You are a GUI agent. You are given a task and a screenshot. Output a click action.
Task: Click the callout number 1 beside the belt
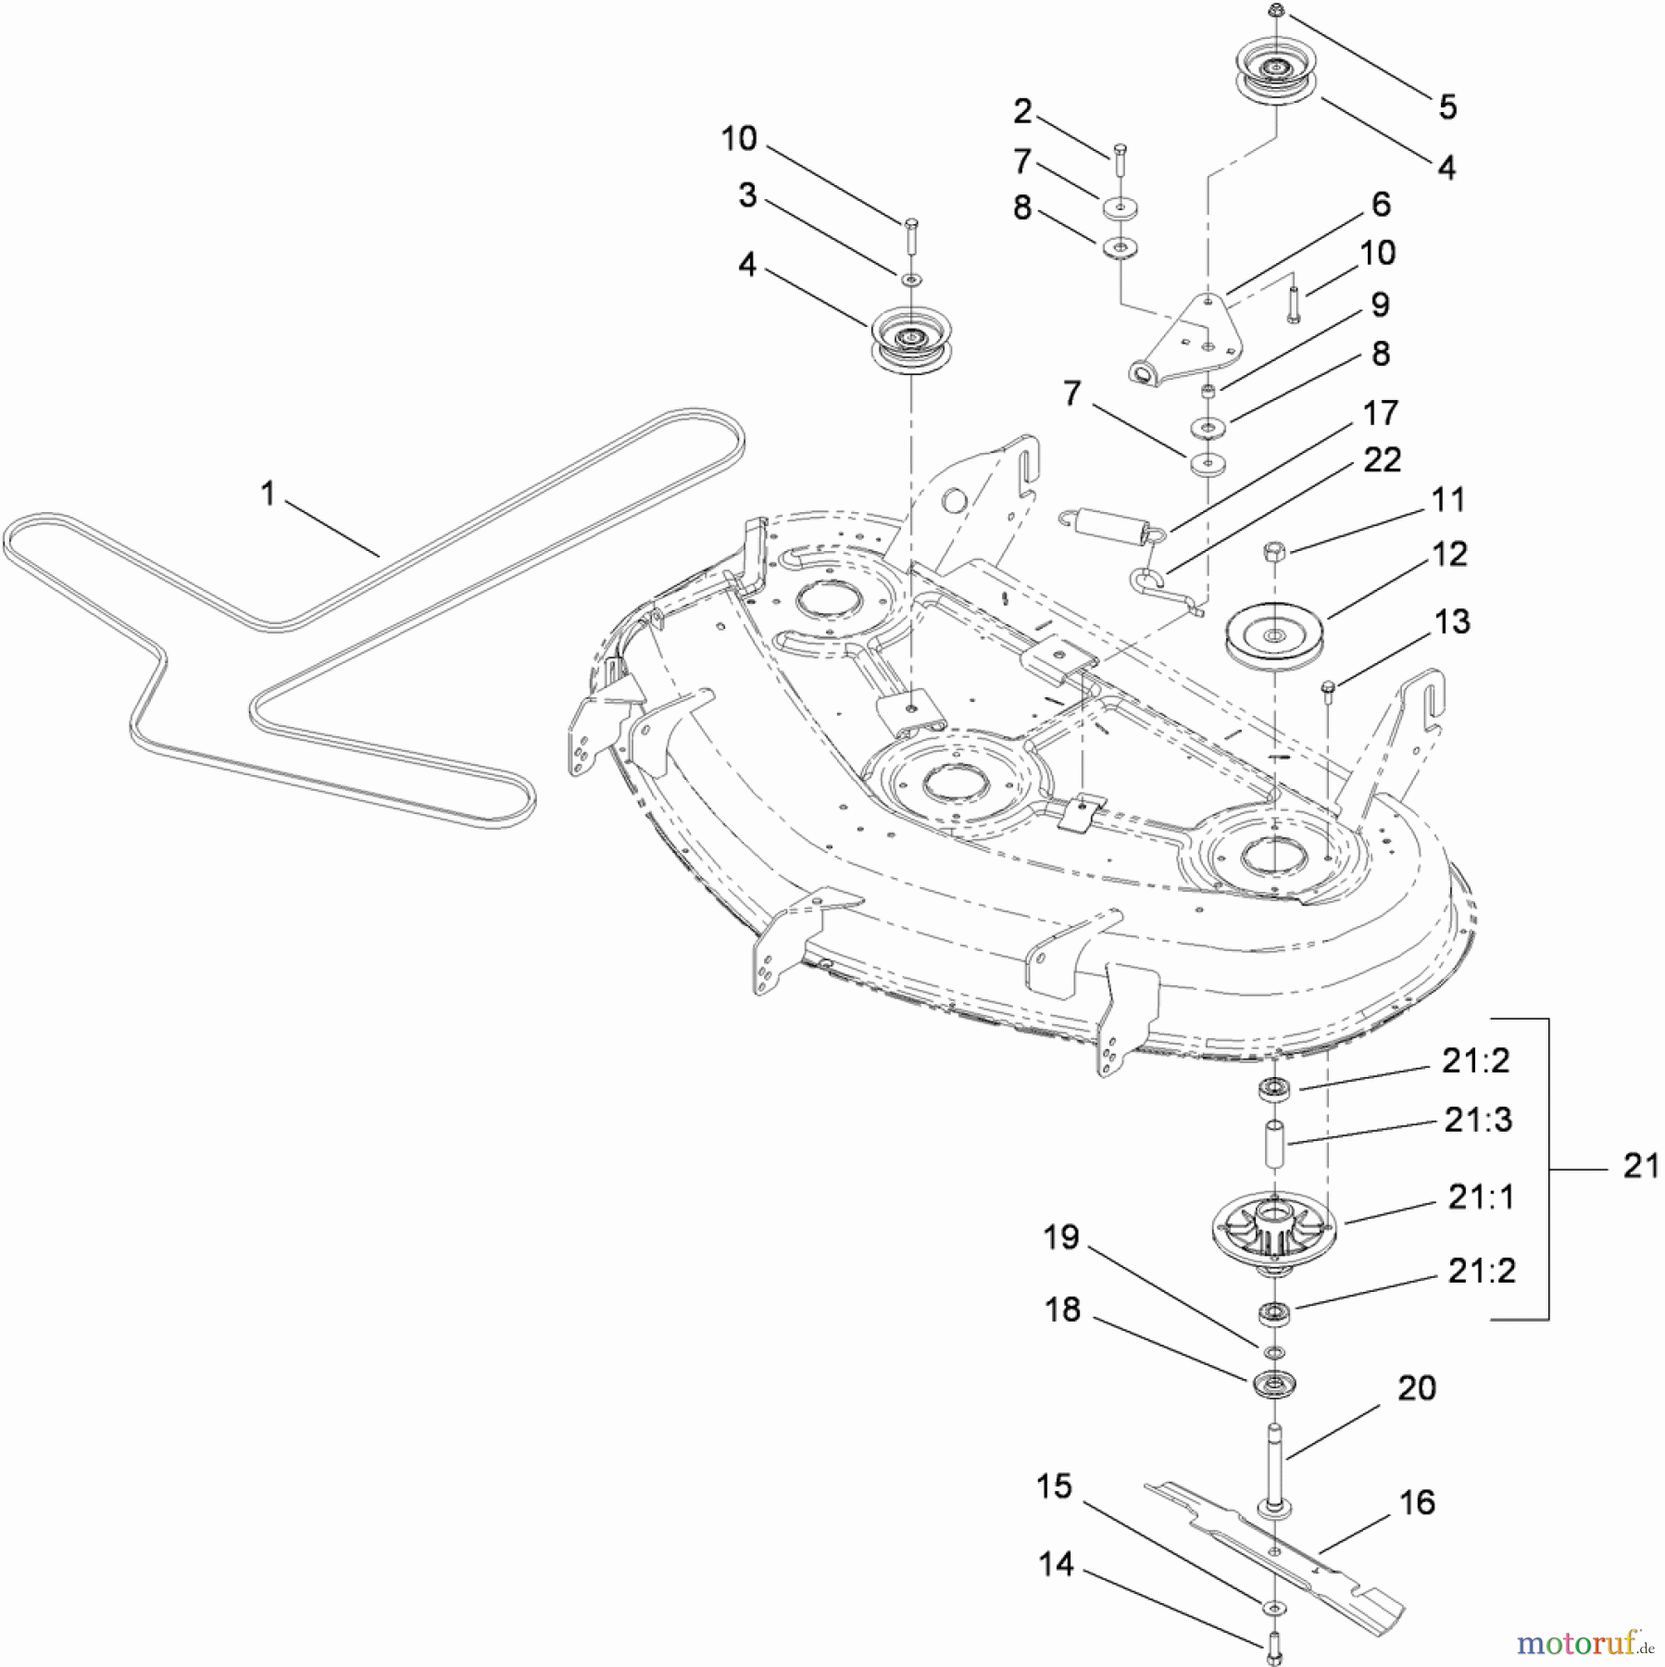tap(268, 494)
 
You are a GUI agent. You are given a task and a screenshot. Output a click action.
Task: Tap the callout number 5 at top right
tap(1448, 107)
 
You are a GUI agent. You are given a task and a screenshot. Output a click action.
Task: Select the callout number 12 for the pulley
tap(1450, 554)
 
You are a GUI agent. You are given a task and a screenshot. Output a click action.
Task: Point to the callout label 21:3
tap(1478, 1120)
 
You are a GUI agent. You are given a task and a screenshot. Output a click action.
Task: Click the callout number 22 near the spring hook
tap(1383, 459)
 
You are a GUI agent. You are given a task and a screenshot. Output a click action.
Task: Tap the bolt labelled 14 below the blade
tap(1273, 1648)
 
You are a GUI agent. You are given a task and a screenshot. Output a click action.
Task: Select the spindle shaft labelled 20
tap(1274, 1468)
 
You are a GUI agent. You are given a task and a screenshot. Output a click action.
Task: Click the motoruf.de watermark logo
tap(1584, 1642)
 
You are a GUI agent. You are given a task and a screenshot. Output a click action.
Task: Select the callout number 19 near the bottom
tap(1061, 1237)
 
